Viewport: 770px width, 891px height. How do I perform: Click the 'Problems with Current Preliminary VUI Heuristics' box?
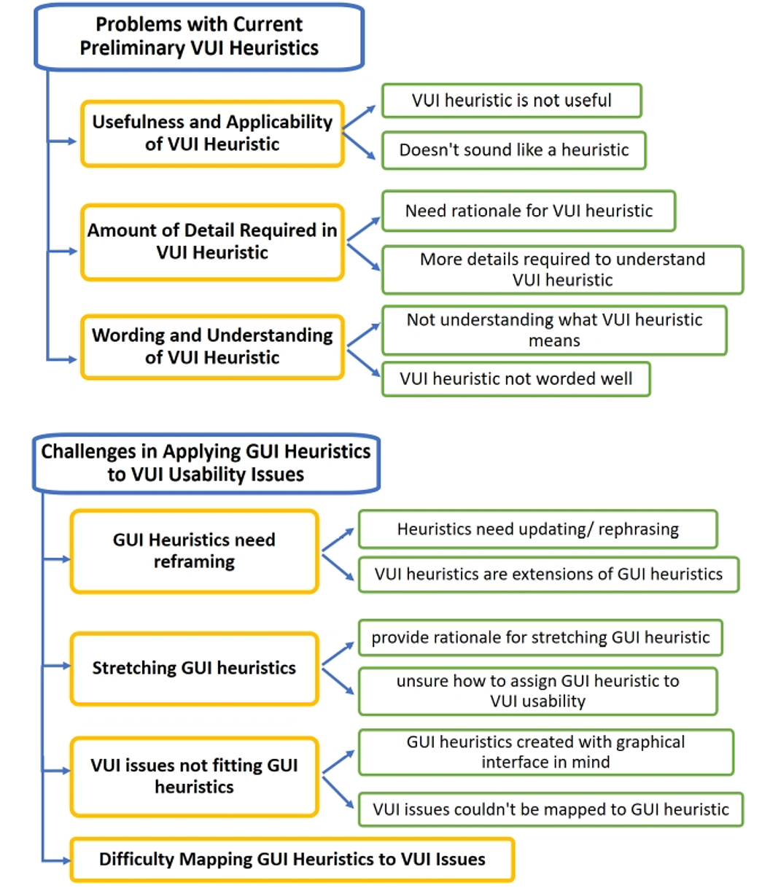pos(199,36)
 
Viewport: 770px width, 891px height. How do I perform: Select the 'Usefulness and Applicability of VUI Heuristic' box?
pos(212,133)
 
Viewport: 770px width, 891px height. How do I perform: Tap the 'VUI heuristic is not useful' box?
pos(512,101)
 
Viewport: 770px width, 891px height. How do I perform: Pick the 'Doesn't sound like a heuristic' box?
pos(514,150)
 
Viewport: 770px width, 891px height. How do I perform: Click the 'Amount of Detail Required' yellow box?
pos(212,242)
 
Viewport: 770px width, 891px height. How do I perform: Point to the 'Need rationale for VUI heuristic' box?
pos(529,211)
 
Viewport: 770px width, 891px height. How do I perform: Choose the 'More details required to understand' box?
pos(563,270)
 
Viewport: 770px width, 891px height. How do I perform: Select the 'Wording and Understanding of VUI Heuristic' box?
pos(212,347)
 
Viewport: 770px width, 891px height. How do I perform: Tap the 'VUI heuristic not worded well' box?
pos(516,379)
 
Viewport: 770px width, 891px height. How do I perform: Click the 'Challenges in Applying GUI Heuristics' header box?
pos(206,463)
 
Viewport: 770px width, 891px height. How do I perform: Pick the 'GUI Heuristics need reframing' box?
pos(195,551)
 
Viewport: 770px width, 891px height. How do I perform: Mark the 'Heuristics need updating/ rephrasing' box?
pos(538,529)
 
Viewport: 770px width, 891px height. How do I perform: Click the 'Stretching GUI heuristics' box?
pos(195,668)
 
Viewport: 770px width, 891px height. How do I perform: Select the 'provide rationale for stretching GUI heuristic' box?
pos(540,637)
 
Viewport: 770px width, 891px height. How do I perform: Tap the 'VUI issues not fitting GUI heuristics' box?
pos(195,777)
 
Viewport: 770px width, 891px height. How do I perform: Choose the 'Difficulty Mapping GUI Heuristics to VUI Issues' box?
pos(292,859)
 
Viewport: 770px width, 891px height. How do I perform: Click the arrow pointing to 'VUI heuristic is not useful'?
pos(359,117)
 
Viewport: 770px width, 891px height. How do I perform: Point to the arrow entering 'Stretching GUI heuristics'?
pos(56,666)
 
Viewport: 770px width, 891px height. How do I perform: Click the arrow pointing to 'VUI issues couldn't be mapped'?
pos(338,793)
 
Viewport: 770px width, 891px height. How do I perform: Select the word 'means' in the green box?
pos(554,341)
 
